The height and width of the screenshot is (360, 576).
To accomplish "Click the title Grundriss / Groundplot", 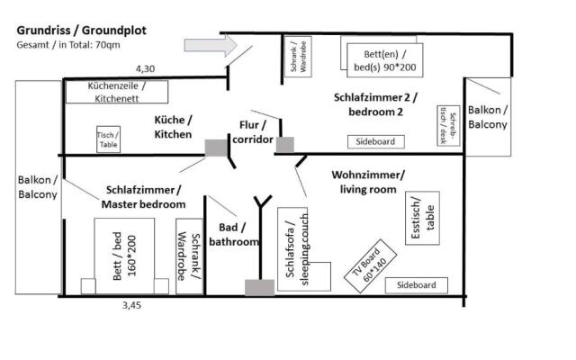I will (x=82, y=30).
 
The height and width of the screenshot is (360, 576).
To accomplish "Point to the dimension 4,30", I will (x=146, y=68).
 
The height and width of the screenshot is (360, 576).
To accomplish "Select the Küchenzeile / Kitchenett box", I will (x=116, y=92).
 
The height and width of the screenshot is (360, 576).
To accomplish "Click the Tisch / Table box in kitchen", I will (x=107, y=139).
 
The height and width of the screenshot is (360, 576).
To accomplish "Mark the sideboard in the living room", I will (x=417, y=285).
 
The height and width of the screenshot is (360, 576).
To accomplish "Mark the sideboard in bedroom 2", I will (x=376, y=141).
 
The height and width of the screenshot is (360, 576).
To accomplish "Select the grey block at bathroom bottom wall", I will (x=259, y=287).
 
